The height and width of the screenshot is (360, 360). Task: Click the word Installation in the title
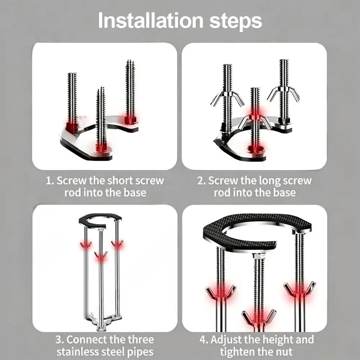pyautogui.click(x=151, y=20)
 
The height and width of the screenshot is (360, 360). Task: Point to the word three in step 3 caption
pyautogui.click(x=141, y=339)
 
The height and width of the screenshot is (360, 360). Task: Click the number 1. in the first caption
pyautogui.click(x=50, y=181)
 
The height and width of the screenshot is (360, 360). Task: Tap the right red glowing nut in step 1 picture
pyautogui.click(x=130, y=120)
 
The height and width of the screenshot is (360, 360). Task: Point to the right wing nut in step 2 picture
pyautogui.click(x=283, y=93)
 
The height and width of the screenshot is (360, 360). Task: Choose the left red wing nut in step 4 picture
pyautogui.click(x=220, y=293)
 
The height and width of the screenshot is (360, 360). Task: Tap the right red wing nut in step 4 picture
pyautogui.click(x=300, y=289)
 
